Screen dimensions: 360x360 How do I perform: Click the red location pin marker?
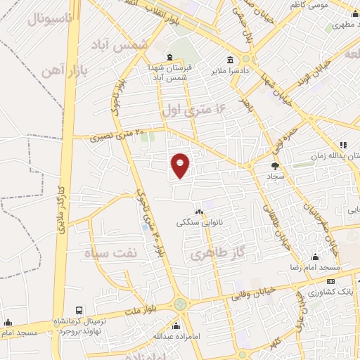181,165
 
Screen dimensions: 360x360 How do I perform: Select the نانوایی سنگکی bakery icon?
200,212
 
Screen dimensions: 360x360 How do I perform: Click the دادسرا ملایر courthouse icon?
230,60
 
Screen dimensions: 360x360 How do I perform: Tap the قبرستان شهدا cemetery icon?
168,57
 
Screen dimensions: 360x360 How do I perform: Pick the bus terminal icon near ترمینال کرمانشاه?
79,310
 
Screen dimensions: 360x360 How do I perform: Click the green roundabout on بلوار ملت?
181,304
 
